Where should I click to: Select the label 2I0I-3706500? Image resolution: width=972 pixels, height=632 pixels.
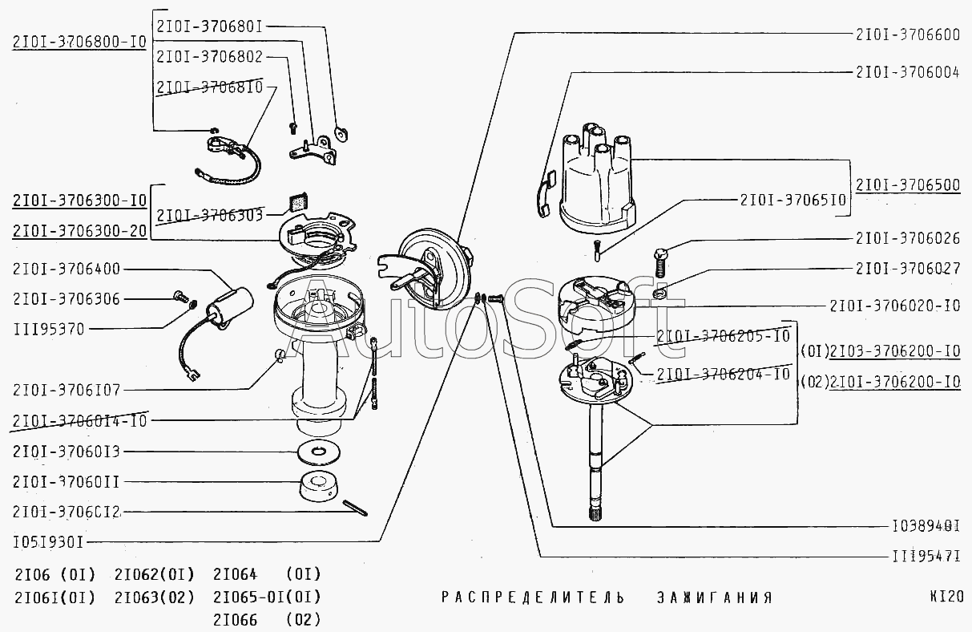click(907, 185)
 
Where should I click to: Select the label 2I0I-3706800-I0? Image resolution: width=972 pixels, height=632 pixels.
click(79, 43)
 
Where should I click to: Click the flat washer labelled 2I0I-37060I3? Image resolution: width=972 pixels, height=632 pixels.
click(321, 452)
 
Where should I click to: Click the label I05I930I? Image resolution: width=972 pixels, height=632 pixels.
click(49, 541)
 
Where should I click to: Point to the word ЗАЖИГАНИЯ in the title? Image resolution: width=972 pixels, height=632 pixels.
click(714, 598)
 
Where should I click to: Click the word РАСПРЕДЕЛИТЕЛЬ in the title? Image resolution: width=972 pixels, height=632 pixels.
click(532, 598)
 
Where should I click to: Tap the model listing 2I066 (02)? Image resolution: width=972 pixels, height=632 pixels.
click(267, 619)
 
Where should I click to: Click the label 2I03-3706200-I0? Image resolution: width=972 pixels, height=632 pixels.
click(894, 351)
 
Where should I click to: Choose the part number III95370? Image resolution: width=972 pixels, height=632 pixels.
click(48, 328)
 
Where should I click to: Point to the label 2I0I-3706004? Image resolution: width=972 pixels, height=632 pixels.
click(907, 71)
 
